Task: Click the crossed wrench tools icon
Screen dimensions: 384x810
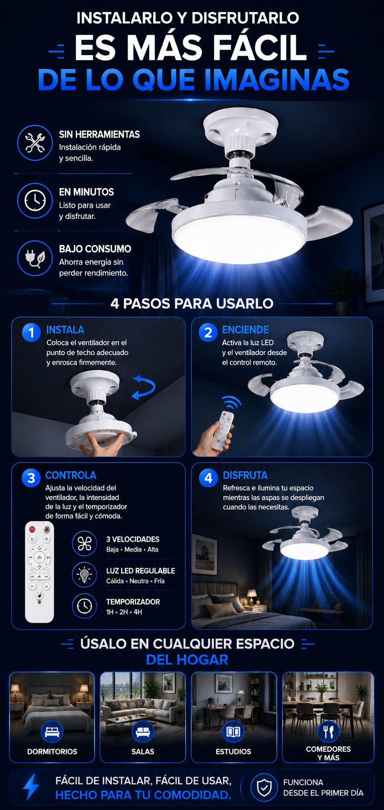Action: coord(35,143)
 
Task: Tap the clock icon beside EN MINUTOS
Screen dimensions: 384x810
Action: coord(35,201)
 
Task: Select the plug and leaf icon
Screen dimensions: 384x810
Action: coord(35,258)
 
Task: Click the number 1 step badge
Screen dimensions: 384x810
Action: coord(32,332)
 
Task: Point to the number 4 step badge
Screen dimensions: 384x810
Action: coord(208,478)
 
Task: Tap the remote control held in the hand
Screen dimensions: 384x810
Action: coord(223,430)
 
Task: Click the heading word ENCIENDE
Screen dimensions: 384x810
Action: coord(245,330)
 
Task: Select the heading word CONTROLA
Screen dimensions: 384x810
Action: coord(71,475)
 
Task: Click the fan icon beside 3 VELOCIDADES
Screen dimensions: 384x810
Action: coord(84,544)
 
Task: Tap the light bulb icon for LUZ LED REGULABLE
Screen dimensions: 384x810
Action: coord(84,575)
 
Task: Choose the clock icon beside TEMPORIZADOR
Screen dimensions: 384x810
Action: coord(84,606)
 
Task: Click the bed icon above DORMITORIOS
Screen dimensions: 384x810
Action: coord(52,731)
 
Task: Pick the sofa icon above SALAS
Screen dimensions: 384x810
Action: coord(143,731)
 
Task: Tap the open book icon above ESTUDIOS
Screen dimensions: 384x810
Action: coord(233,731)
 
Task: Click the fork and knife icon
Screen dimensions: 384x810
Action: coord(328,731)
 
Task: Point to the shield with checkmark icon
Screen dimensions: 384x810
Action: coord(264,787)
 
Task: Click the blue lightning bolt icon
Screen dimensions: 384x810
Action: coord(31,787)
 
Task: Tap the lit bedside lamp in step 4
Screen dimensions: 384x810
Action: coord(252,596)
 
